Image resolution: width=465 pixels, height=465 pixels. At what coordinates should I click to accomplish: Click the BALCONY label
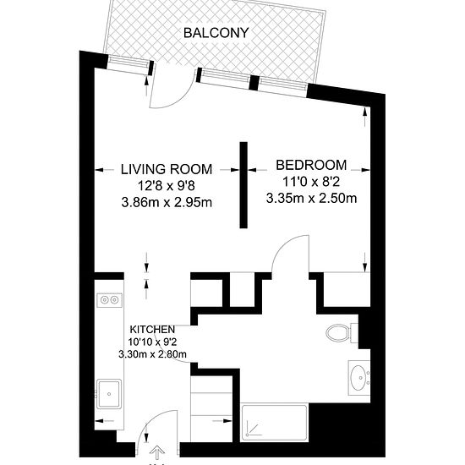point(216,33)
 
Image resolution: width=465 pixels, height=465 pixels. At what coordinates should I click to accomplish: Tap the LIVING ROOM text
point(167,169)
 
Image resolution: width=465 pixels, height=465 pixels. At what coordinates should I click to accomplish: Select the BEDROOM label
point(311,165)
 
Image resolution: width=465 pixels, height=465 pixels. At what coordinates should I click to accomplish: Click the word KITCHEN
point(152,329)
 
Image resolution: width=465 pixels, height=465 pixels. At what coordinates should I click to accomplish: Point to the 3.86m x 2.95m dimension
point(167,203)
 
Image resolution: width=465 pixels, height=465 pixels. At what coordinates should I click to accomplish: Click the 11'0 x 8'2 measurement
point(311,182)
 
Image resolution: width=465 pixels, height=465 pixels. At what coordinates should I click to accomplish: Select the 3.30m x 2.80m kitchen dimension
point(152,354)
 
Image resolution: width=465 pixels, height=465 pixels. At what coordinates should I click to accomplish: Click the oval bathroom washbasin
point(358,378)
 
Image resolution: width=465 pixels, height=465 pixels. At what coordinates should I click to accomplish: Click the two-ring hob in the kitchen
point(109,300)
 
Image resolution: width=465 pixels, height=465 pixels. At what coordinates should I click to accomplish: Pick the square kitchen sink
point(109,394)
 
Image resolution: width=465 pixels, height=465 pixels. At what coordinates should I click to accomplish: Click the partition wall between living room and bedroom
point(243,185)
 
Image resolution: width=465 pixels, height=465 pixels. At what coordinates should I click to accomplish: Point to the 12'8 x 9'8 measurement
point(167,186)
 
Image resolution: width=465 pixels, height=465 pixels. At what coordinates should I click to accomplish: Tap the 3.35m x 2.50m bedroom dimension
point(311,198)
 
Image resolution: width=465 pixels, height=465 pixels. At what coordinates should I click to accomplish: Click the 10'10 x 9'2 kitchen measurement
point(152,342)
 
